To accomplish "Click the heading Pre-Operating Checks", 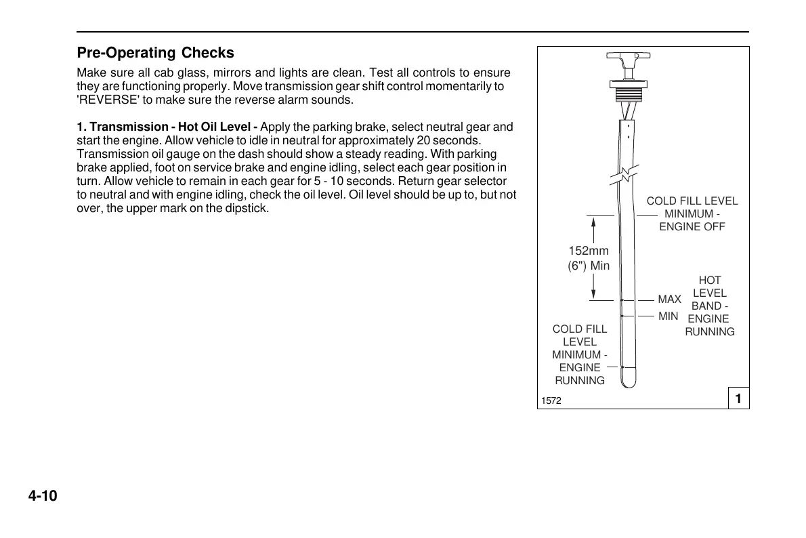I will point(155,53).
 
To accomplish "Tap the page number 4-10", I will point(43,497).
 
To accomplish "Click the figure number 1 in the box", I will point(738,399).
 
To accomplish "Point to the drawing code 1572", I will point(551,401).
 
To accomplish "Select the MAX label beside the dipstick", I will point(669,299).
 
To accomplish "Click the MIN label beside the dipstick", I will point(668,316).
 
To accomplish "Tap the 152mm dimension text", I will point(588,251).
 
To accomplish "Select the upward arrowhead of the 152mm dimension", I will point(593,223).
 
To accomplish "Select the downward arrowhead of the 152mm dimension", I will point(593,293).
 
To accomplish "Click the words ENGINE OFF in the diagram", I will point(692,227).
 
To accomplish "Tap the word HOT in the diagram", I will point(709,281).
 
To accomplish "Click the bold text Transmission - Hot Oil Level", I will point(173,127).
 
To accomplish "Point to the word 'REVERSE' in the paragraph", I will point(105,100).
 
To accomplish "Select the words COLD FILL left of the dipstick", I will point(580,329).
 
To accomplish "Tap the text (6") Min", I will point(588,266).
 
